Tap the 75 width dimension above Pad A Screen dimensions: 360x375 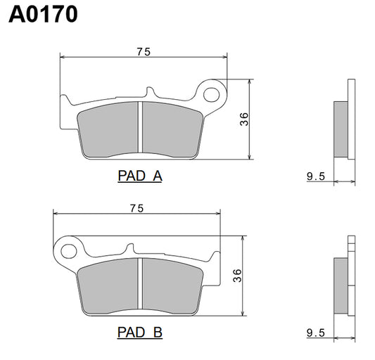point(144,51)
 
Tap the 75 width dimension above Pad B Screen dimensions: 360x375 point(137,207)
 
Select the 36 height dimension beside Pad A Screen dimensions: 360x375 point(244,119)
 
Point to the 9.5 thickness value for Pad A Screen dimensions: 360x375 point(316,177)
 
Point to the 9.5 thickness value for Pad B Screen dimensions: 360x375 point(316,332)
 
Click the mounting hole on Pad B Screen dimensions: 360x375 point(69,250)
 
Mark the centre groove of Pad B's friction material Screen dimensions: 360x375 point(142,285)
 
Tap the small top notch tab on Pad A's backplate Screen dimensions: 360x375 point(149,92)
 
